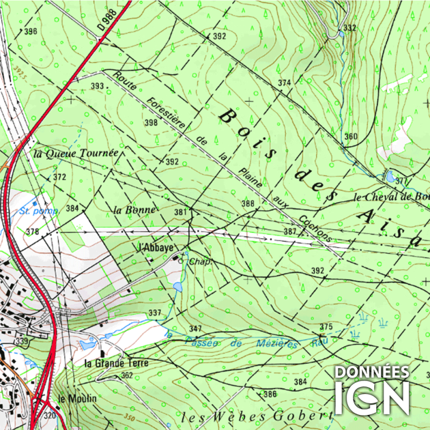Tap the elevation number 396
tap(31, 31)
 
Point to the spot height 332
tap(349, 28)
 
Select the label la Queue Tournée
tap(75, 153)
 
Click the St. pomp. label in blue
tap(38, 211)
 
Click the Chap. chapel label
tap(198, 262)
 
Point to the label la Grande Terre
tap(117, 363)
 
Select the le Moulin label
tap(77, 398)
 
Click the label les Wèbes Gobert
tap(254, 417)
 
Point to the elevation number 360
tap(350, 137)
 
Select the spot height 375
tap(326, 327)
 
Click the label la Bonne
tap(134, 210)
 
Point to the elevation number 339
tap(21, 341)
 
